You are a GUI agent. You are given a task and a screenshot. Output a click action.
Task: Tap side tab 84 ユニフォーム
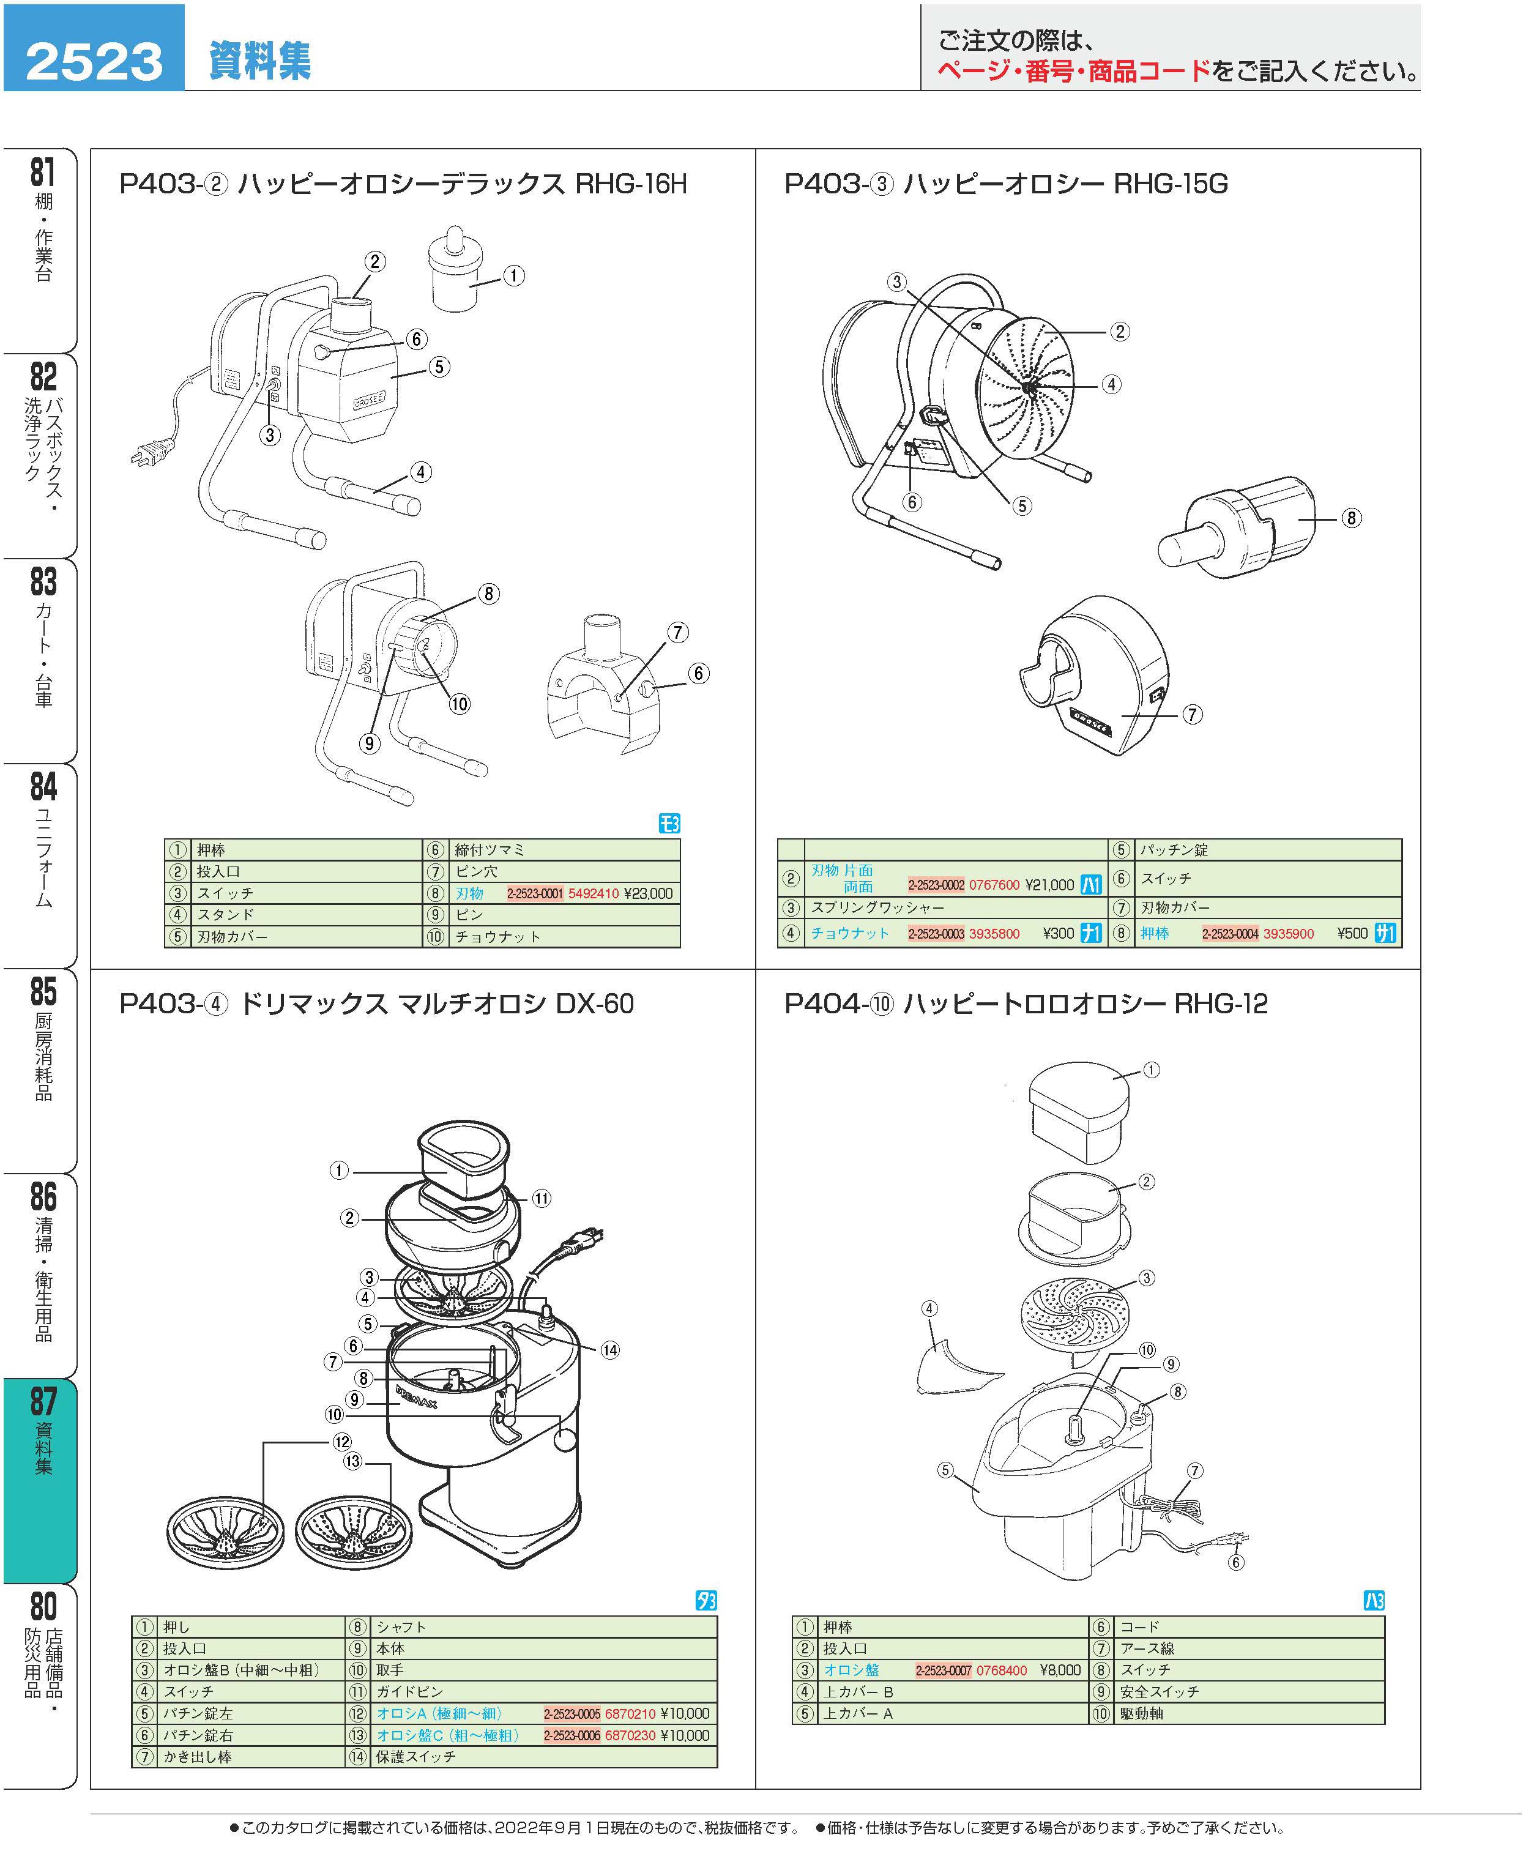[41, 864]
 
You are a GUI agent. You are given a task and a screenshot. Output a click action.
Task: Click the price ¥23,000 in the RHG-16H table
[649, 893]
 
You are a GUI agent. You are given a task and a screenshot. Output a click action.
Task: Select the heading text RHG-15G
[1171, 184]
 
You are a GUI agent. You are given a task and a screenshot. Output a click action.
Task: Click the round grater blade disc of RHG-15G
[1025, 387]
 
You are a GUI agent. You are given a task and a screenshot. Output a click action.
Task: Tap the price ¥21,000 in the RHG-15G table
[1049, 884]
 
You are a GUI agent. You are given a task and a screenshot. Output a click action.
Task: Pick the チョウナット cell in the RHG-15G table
[849, 933]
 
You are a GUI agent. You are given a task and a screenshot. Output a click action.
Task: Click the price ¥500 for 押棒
[1352, 933]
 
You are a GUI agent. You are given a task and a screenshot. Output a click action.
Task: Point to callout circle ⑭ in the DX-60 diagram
[609, 1350]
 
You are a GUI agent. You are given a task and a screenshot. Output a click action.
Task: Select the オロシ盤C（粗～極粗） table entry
[447, 1735]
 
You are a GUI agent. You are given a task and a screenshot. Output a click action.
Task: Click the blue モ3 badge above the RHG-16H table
[669, 823]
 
